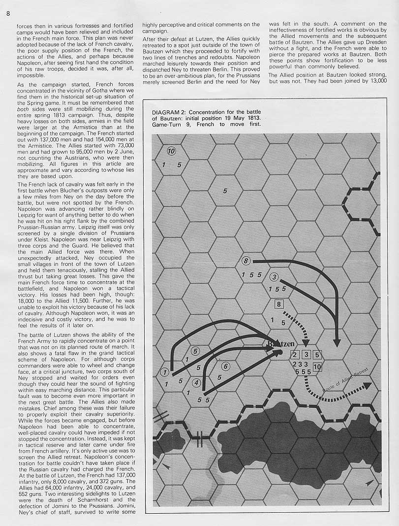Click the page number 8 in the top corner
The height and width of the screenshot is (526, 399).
[x=8, y=13]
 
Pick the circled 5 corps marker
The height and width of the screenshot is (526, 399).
[x=195, y=351]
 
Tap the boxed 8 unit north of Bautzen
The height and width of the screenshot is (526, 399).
[x=279, y=304]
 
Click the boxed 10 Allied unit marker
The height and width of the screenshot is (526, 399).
[x=317, y=366]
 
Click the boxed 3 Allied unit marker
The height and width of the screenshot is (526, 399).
[x=306, y=355]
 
